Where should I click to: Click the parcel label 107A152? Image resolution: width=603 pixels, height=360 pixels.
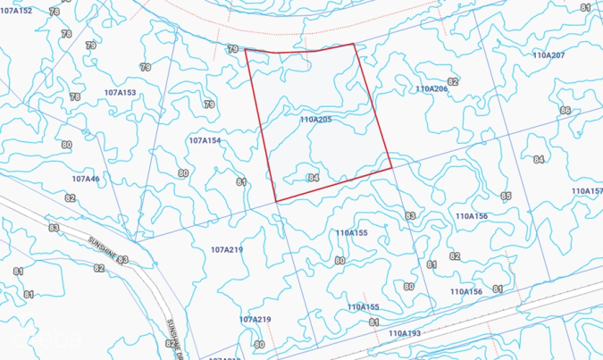(16, 10)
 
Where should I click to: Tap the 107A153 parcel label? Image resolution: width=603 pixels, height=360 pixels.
(120, 92)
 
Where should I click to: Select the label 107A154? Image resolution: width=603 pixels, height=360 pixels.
(205, 140)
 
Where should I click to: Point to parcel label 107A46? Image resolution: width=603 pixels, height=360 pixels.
(86, 179)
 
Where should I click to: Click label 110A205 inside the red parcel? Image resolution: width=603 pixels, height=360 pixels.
(316, 119)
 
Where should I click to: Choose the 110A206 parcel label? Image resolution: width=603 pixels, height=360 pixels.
(431, 88)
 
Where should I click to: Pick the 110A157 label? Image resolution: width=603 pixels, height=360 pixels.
(587, 191)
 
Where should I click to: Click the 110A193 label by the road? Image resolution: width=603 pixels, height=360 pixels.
(405, 333)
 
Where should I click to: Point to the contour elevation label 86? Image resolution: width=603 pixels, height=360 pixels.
(565, 110)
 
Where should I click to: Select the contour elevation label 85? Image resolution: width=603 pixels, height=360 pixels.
(506, 196)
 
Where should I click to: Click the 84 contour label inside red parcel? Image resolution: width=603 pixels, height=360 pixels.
(313, 178)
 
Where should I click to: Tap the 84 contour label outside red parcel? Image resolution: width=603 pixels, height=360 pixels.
(538, 159)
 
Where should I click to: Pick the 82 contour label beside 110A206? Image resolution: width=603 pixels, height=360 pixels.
(453, 81)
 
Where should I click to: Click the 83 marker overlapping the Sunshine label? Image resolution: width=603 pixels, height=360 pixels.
(122, 260)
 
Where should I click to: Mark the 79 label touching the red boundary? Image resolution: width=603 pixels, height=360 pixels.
(233, 49)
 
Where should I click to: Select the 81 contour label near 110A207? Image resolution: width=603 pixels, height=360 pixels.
(586, 7)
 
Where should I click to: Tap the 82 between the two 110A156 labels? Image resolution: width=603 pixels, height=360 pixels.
(454, 256)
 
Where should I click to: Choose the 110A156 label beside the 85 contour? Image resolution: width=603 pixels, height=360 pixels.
(471, 215)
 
